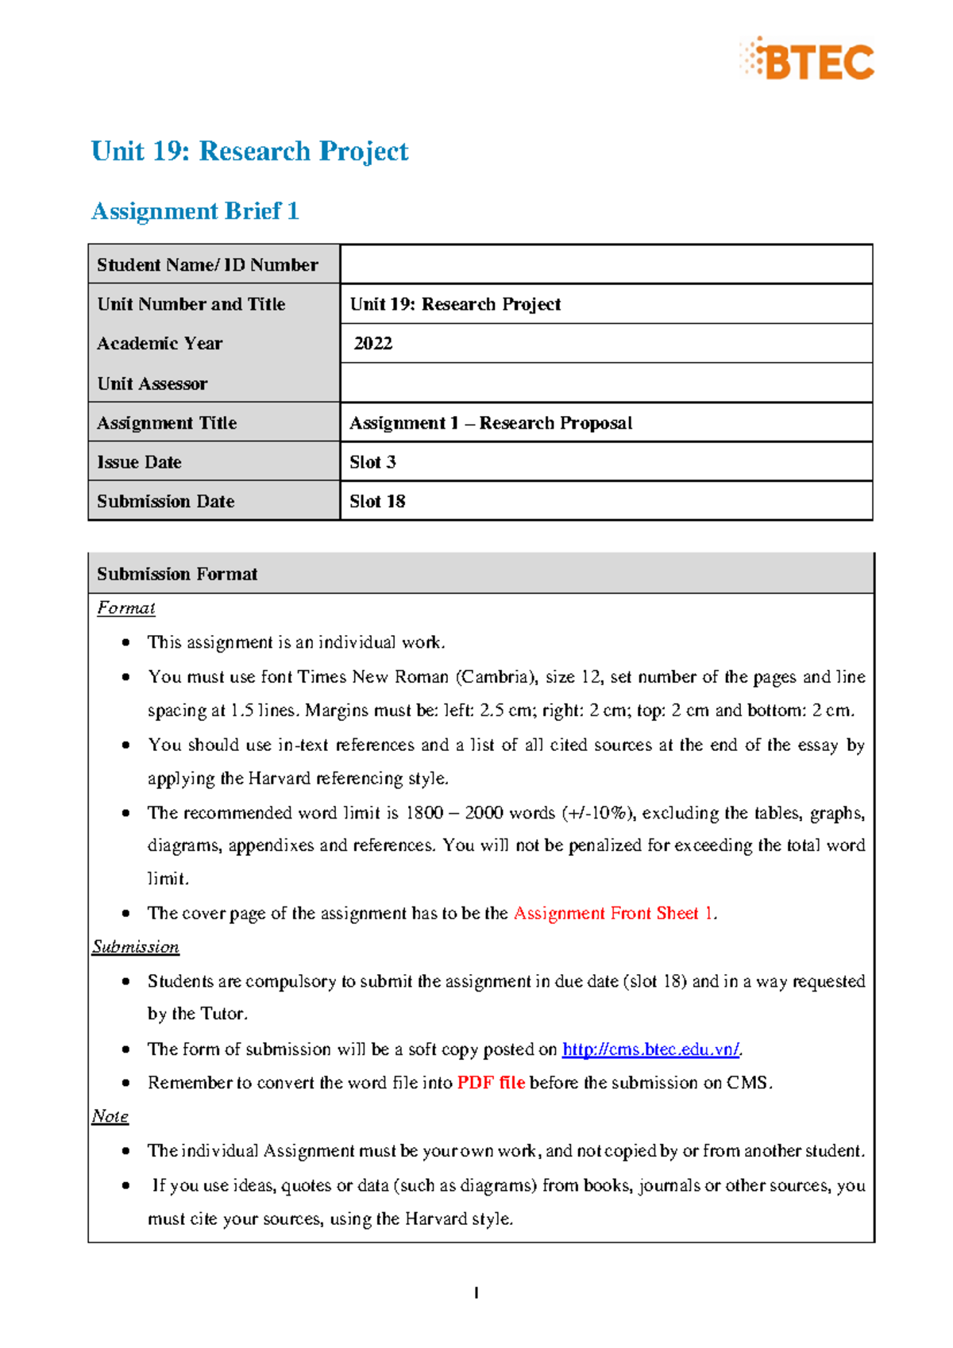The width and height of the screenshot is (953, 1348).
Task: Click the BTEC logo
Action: (807, 60)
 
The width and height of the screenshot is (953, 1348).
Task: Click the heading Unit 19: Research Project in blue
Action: (249, 151)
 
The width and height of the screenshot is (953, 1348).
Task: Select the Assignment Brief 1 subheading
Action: (195, 211)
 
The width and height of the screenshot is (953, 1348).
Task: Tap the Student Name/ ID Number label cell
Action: (207, 265)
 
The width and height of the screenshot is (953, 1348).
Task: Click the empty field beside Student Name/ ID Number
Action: (605, 264)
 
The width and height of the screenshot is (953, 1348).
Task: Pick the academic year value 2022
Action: (373, 344)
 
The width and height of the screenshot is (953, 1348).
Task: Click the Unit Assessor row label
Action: (152, 384)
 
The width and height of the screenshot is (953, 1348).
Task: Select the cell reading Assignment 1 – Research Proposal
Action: (491, 423)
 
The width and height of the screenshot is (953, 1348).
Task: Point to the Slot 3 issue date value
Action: (372, 462)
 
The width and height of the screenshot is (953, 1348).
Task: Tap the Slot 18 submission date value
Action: (377, 502)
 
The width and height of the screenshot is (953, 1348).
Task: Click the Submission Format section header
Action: (177, 574)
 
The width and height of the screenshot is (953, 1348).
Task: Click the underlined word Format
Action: (125, 608)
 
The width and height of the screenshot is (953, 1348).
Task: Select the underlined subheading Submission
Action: (136, 947)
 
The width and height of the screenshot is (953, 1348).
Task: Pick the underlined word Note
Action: (110, 1116)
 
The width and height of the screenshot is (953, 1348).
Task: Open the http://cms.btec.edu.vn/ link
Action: (650, 1050)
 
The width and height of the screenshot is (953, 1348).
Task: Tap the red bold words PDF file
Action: (490, 1083)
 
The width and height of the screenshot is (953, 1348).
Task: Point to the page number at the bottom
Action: (476, 1293)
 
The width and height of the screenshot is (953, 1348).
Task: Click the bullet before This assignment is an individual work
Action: (125, 642)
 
